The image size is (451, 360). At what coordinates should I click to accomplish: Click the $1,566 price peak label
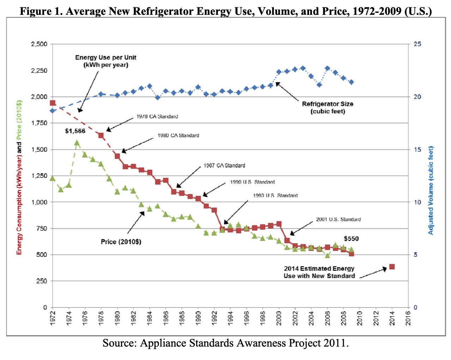click(75, 131)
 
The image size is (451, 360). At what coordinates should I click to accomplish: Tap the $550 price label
click(351, 239)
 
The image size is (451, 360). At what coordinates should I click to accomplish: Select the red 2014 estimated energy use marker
click(392, 267)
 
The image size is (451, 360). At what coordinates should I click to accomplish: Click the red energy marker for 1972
click(53, 103)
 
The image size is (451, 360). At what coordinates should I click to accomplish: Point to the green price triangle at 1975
click(77, 143)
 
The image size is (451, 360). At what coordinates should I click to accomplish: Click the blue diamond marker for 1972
click(53, 111)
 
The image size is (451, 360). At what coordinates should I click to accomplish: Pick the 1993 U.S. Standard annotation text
click(275, 196)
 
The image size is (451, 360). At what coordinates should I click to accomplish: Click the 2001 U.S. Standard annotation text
click(338, 220)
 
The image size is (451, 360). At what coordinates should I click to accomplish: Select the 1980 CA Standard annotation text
click(178, 136)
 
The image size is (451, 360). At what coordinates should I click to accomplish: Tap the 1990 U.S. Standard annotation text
click(252, 182)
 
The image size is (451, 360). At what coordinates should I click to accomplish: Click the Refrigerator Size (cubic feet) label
click(327, 108)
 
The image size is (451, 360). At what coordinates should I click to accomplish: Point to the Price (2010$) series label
click(121, 242)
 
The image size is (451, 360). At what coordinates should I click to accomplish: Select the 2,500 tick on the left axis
click(39, 44)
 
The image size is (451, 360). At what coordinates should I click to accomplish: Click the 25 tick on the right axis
click(417, 44)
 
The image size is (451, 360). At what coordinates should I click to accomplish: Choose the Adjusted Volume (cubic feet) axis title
click(431, 191)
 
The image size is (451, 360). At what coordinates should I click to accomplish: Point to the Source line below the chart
click(225, 343)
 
